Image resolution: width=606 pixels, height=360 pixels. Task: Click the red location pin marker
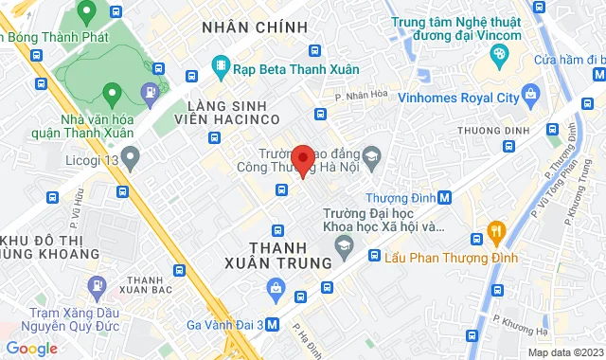click(303, 159)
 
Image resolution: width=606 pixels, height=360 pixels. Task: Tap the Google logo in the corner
click(31, 348)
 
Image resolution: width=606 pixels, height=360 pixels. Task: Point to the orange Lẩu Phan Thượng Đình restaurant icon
click(494, 230)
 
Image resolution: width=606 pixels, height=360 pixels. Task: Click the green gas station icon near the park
click(150, 93)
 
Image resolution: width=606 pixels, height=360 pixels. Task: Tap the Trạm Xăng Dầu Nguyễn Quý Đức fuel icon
click(96, 285)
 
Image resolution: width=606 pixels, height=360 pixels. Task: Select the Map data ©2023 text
click(563, 351)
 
